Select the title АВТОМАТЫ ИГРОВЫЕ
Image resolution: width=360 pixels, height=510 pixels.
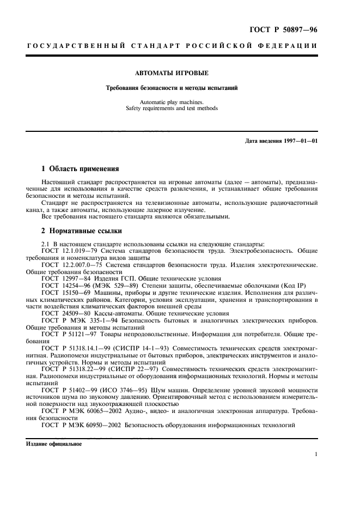pyautogui.click(x=172, y=72)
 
